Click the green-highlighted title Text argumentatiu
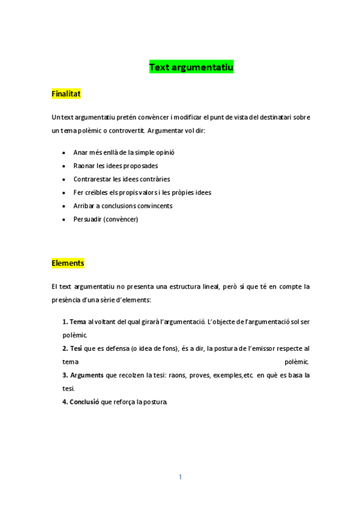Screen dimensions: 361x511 click(191, 67)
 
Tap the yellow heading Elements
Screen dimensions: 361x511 click(67, 263)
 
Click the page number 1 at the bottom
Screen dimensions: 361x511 click(180, 477)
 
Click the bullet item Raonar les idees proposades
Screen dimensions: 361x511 click(116, 166)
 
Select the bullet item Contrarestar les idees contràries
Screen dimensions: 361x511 click(121, 179)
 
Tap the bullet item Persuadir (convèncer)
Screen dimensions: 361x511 click(105, 219)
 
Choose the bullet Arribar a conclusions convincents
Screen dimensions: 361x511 click(122, 205)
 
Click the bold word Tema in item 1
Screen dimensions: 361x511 click(78, 322)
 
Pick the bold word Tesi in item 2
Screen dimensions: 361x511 click(77, 348)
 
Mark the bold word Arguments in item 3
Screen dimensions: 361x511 click(87, 375)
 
